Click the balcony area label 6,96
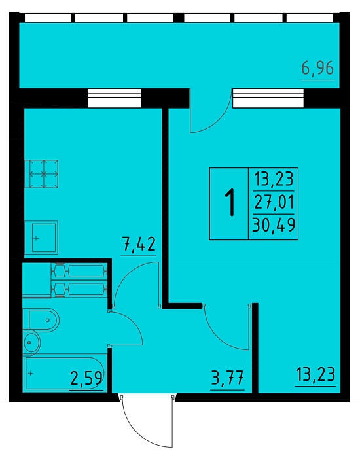pos(317,68)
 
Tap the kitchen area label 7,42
pos(139,244)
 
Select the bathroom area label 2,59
pos(86,378)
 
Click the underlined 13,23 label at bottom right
pos(315,374)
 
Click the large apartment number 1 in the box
pos(230,202)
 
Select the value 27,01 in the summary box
pos(274,202)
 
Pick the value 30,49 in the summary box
pos(274,225)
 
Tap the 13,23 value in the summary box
pos(274,179)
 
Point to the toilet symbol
pos(44,320)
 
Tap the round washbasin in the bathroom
pos(31,342)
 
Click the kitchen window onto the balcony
pos(115,98)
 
